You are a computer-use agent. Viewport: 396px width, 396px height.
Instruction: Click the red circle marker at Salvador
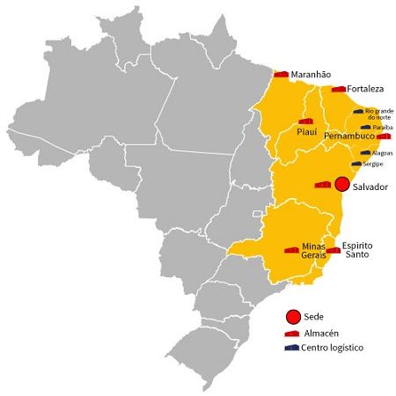(342, 182)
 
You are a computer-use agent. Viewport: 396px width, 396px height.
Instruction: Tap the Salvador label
(370, 187)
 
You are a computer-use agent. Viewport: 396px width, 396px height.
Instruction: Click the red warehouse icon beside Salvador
(323, 184)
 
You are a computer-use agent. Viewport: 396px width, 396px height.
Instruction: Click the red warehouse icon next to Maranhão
(281, 74)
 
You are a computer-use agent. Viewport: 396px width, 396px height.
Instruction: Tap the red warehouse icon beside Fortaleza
(338, 88)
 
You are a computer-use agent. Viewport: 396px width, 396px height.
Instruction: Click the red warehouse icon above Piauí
(305, 121)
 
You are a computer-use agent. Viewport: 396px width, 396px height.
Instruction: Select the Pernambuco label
(348, 137)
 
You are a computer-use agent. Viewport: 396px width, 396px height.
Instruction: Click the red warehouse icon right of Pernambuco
(383, 136)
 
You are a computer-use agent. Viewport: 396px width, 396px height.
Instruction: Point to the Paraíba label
(382, 128)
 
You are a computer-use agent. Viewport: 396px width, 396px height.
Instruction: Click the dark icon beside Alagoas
(364, 152)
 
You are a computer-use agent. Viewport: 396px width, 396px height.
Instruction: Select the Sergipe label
(373, 165)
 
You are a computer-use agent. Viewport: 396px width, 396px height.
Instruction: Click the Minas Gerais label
(313, 250)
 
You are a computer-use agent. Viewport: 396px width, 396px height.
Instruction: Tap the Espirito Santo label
(356, 249)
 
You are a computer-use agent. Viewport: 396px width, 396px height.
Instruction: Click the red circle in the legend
(292, 316)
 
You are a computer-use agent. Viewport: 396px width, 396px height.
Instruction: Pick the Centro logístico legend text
(333, 348)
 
